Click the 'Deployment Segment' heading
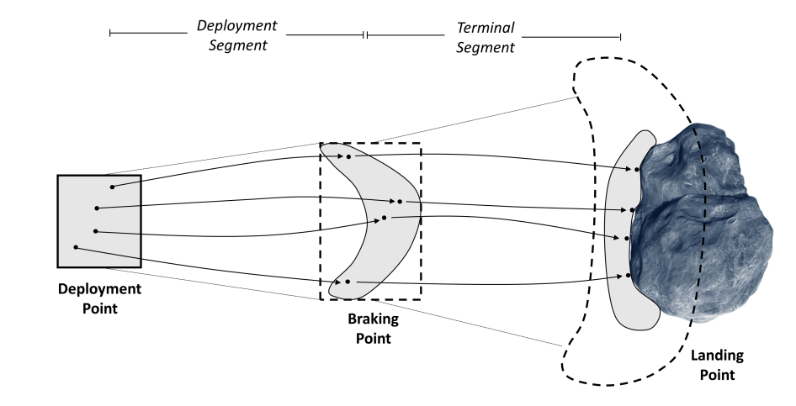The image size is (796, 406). (236, 34)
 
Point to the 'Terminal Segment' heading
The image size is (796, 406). (485, 38)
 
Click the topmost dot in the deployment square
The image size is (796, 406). (112, 187)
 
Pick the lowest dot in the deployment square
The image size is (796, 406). (76, 247)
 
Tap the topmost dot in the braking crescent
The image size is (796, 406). (348, 156)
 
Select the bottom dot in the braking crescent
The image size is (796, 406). (347, 282)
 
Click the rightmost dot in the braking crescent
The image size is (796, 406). (400, 202)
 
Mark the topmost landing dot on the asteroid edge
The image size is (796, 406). (638, 170)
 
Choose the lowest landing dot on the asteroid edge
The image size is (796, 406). (629, 276)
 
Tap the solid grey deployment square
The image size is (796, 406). (98, 220)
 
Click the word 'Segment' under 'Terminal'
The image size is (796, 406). (485, 47)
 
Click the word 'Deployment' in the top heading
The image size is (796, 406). (236, 26)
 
